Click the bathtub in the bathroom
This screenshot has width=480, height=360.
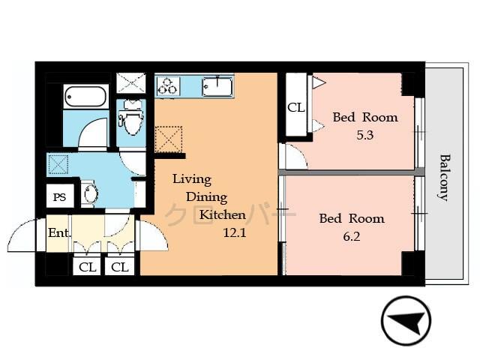click(x=86, y=97)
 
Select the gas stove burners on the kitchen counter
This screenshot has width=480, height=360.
click(x=166, y=86)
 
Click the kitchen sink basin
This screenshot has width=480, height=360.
click(x=217, y=87)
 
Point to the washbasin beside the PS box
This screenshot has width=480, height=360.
click(x=90, y=193)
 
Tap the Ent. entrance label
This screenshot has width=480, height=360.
click(x=59, y=232)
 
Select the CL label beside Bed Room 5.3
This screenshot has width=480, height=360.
click(x=296, y=107)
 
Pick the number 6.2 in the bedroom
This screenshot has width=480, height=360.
click(x=351, y=238)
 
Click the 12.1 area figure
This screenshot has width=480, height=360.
click(x=235, y=233)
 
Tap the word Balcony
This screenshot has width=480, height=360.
click(x=444, y=177)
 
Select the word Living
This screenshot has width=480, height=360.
click(x=192, y=179)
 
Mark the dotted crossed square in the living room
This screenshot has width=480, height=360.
click(x=169, y=139)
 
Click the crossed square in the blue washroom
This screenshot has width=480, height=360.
click(x=58, y=164)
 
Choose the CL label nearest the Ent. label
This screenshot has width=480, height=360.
click(x=87, y=267)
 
